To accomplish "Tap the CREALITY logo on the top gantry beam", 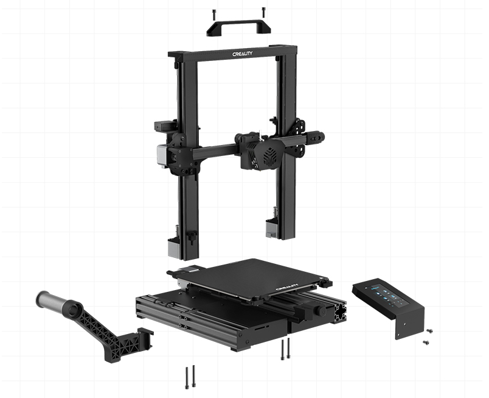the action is coord(242,54).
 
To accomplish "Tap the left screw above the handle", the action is coord(214,14).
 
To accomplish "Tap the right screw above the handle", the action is coord(263,12).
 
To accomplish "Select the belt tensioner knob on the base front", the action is coord(321,310).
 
